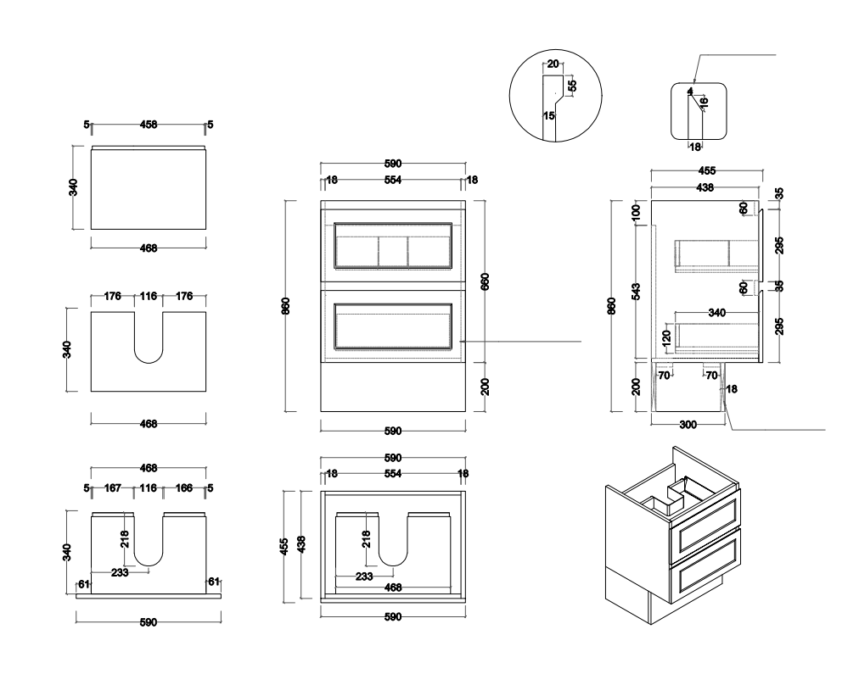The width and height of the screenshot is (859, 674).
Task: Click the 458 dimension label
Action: point(149,125)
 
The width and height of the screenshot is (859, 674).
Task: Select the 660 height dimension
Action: point(485,281)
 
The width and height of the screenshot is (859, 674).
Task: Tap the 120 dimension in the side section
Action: point(666,337)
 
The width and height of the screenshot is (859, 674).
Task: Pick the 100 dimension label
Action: point(636,213)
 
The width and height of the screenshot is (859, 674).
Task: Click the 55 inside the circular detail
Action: point(573,85)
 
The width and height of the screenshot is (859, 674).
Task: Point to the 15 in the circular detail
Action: point(548,115)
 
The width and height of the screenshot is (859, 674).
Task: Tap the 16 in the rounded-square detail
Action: point(703,102)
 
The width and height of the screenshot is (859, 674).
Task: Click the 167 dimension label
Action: point(114,488)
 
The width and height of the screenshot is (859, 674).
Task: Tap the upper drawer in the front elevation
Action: point(393,245)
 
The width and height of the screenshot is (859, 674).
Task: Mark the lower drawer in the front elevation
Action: point(393,325)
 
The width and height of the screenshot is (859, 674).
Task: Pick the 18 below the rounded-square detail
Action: point(694,147)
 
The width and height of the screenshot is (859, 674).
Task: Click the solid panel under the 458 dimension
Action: point(149,187)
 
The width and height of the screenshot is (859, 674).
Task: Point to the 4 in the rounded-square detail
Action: point(690,91)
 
